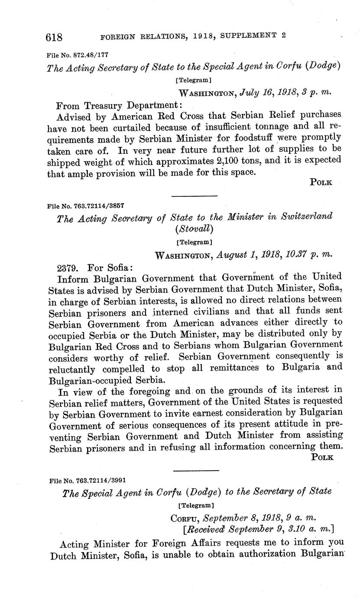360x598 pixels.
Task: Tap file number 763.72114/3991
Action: point(88,480)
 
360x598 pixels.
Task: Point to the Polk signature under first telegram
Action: point(321,182)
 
